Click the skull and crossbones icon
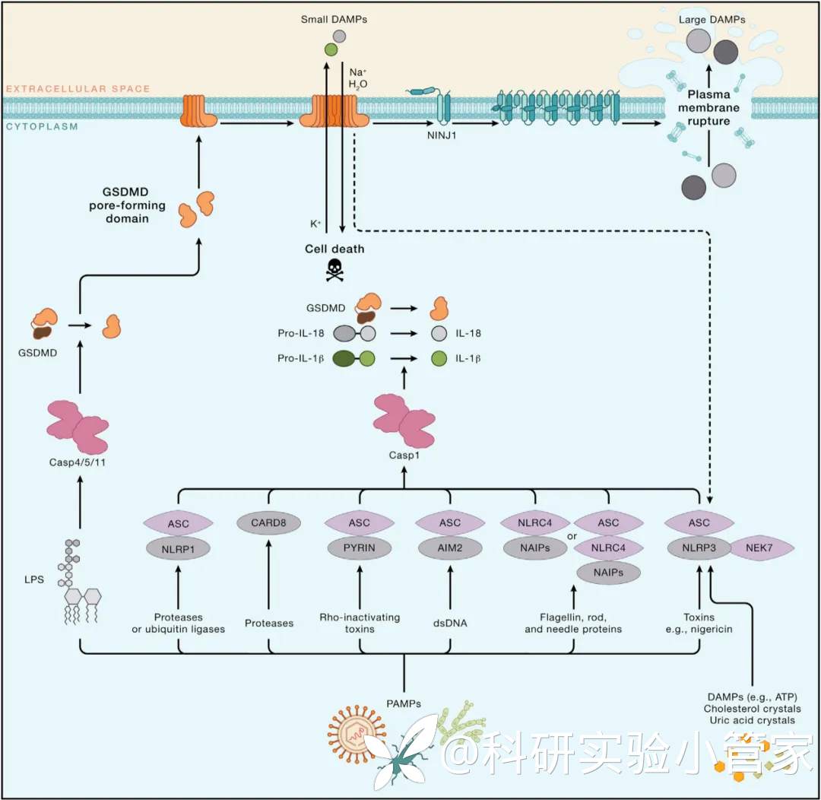click(x=334, y=270)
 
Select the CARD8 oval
click(x=268, y=523)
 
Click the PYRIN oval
click(x=359, y=548)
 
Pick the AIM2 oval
click(x=450, y=548)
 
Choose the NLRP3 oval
click(x=699, y=548)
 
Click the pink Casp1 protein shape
click(x=403, y=421)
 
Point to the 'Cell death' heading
click(x=334, y=249)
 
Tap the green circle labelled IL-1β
click(x=438, y=358)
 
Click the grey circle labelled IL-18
click(x=438, y=333)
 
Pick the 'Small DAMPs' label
click(x=334, y=18)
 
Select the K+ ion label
click(x=314, y=225)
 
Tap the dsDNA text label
click(x=450, y=623)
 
